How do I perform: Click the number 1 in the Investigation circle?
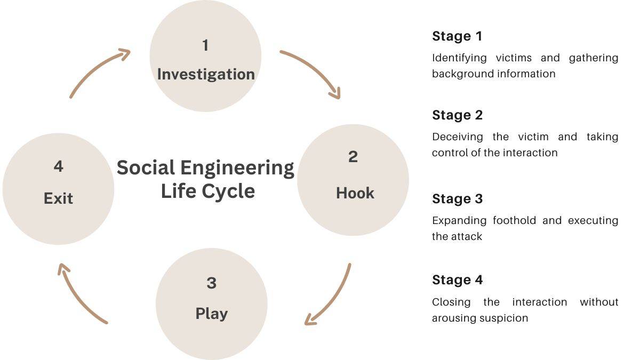pos(205,46)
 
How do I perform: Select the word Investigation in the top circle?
pos(206,74)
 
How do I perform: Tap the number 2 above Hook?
pos(353,157)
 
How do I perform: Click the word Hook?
pos(355,193)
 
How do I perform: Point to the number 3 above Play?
pos(211,283)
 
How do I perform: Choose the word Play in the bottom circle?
pos(211,314)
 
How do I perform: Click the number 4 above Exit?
pos(58,166)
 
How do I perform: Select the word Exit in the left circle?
pos(58,198)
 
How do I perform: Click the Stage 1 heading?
pos(457,36)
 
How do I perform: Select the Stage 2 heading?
pos(457,115)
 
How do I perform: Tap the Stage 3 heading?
pos(457,199)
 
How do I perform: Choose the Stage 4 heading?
pos(457,280)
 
